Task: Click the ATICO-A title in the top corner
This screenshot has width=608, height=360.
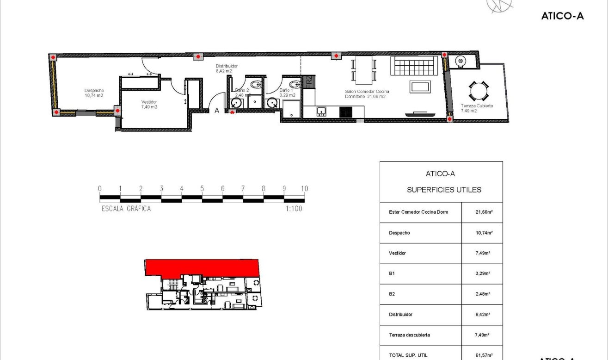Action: (562, 16)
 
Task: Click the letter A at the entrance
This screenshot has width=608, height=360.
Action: (216, 111)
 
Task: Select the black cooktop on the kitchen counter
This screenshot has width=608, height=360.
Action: (346, 112)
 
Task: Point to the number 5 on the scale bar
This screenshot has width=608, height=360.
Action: (202, 189)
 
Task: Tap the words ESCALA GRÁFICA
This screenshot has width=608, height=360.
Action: (126, 209)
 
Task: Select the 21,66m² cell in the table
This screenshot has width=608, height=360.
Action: (482, 212)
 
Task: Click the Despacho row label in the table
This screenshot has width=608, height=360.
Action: (399, 233)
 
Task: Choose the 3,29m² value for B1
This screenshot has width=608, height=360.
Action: (482, 273)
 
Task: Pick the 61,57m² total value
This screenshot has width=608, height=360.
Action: (482, 355)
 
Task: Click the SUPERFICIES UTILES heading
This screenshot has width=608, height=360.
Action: (444, 190)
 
